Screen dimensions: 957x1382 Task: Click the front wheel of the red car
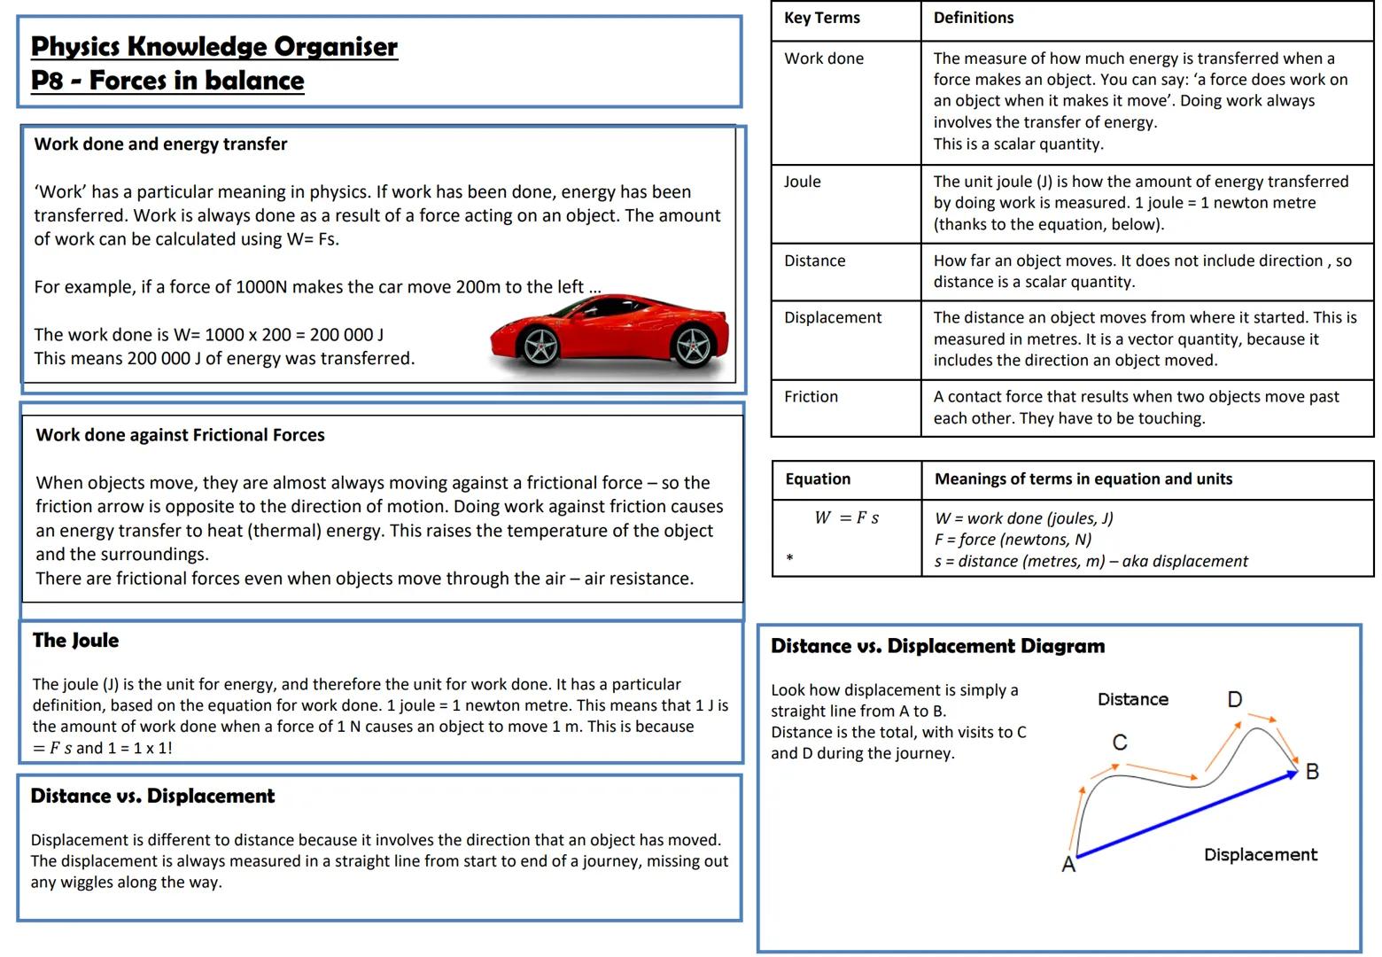click(x=540, y=346)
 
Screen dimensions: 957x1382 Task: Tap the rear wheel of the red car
click(x=694, y=346)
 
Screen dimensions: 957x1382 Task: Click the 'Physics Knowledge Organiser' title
click(x=214, y=46)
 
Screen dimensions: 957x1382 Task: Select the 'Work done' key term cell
click(x=824, y=58)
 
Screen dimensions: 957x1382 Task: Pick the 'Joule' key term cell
click(x=802, y=182)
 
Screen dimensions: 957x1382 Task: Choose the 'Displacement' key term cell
click(x=833, y=317)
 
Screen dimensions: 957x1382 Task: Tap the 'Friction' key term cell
click(x=811, y=397)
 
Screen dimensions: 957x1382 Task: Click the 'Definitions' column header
click(x=973, y=18)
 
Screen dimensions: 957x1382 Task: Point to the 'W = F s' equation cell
click(x=846, y=517)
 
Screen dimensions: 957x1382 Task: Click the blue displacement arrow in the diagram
click(x=1187, y=814)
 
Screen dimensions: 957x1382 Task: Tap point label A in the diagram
click(x=1068, y=864)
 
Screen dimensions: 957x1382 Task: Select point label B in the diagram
click(x=1312, y=772)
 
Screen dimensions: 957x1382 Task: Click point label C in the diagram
click(x=1120, y=743)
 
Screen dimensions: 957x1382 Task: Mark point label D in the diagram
click(x=1234, y=700)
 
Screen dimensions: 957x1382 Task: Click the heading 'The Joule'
click(x=75, y=641)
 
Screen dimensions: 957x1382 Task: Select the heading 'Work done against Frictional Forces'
click(x=180, y=435)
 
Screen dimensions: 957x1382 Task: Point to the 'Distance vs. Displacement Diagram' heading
click(x=937, y=646)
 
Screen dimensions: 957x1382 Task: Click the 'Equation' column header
click(x=818, y=479)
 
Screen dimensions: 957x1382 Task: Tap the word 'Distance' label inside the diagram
click(x=1132, y=699)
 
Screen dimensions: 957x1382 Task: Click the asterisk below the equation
click(x=789, y=558)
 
